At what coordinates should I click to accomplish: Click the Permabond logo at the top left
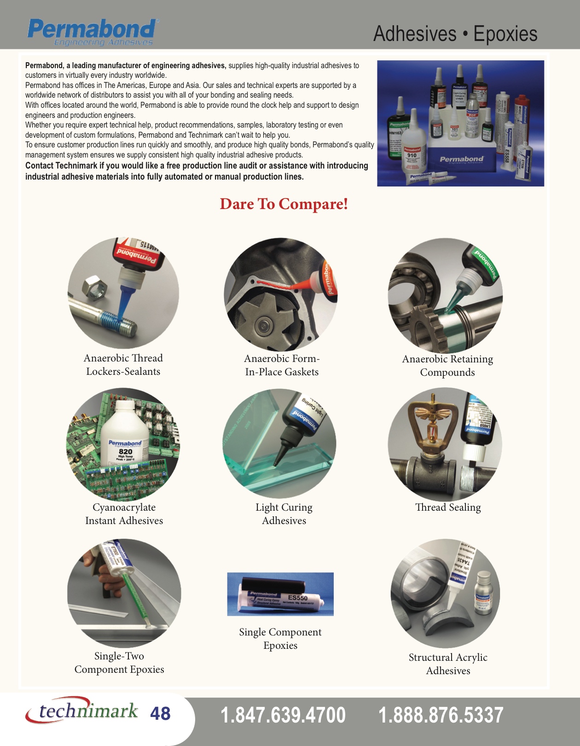92,31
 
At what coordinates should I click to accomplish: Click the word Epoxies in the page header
505,34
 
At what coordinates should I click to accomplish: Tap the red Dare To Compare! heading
284,204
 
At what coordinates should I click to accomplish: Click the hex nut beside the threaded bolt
94,289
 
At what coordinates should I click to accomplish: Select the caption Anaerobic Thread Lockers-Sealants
123,365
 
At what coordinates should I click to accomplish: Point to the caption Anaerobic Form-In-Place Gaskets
282,365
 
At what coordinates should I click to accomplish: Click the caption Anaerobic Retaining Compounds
447,366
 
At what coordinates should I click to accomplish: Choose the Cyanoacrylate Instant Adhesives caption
124,514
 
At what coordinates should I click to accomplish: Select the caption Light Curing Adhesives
284,514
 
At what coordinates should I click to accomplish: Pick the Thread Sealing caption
448,507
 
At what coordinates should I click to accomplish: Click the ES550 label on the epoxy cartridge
297,598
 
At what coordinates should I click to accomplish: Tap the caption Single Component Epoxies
280,639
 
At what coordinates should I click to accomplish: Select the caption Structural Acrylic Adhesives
448,664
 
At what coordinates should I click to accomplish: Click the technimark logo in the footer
82,711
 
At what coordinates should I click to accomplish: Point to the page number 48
160,714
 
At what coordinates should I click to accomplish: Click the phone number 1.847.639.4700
283,715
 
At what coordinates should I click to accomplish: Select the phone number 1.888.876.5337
441,715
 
